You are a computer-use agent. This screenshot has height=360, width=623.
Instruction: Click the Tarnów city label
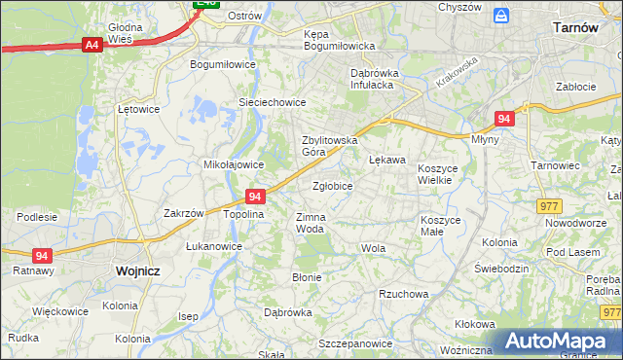tap(574, 28)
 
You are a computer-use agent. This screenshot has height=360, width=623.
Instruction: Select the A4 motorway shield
tap(92, 45)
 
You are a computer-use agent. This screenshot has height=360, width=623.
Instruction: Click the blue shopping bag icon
tap(501, 16)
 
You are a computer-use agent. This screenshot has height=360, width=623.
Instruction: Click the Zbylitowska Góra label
tap(330, 146)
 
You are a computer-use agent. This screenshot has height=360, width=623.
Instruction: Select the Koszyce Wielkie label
tap(443, 174)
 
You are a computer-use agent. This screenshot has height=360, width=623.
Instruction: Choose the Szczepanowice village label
tap(354, 344)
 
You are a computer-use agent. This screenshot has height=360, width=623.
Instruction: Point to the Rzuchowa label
tap(404, 294)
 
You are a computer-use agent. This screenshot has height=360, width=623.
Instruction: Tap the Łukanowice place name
tap(214, 246)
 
